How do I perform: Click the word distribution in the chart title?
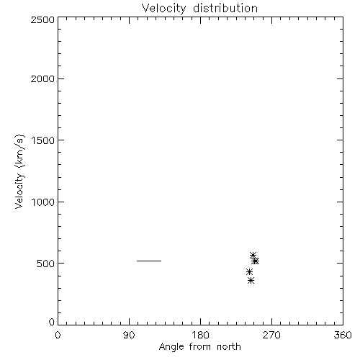[225, 8]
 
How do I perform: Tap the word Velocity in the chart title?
[163, 9]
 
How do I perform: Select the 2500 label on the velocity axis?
[42, 19]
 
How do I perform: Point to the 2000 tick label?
[42, 78]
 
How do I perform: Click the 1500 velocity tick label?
[43, 140]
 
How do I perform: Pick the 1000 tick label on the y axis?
[43, 202]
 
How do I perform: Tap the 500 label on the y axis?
[46, 264]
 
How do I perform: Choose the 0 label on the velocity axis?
[52, 322]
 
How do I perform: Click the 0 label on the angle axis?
[58, 335]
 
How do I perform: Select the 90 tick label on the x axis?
[129, 335]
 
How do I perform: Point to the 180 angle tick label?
[200, 335]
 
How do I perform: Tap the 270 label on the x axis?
[271, 335]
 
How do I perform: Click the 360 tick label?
[343, 335]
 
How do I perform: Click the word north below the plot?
[229, 346]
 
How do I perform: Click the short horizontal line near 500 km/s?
[149, 261]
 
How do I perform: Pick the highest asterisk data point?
[253, 255]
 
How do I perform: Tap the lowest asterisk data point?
[251, 280]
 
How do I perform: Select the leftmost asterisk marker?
[249, 272]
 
